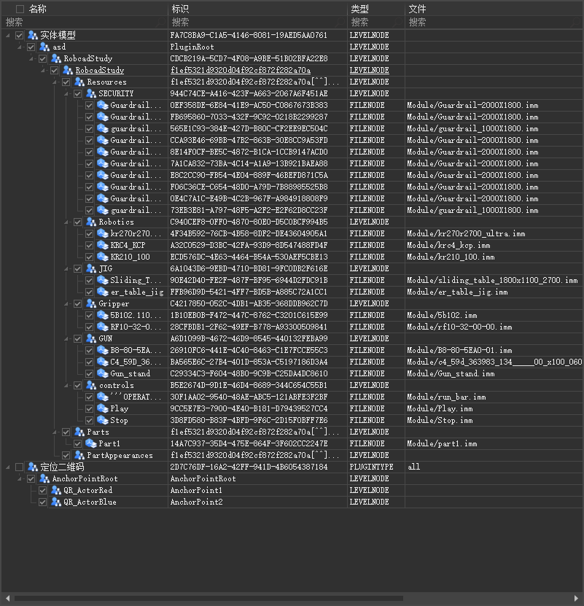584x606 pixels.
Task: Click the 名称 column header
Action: (x=37, y=9)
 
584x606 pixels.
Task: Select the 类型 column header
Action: (x=359, y=9)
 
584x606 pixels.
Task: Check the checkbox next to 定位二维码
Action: (x=19, y=467)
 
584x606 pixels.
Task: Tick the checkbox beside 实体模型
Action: (x=19, y=35)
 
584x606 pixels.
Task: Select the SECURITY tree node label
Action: (x=116, y=93)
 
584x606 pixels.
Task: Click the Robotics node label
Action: (x=116, y=222)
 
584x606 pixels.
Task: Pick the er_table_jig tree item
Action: (x=136, y=292)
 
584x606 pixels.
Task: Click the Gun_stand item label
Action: (x=131, y=373)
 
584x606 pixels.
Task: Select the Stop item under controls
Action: (x=119, y=420)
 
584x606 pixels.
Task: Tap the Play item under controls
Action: (x=119, y=408)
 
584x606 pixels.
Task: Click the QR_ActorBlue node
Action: (x=89, y=502)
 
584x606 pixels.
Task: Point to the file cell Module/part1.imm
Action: (x=440, y=443)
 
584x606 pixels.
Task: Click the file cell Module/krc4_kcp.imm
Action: (x=448, y=245)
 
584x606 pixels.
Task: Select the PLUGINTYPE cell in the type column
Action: (x=371, y=467)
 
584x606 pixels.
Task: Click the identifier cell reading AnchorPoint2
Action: (x=196, y=502)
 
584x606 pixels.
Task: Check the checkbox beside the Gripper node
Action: (x=77, y=303)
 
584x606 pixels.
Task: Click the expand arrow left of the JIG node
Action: (x=66, y=268)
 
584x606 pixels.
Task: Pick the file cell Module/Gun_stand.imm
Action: (x=451, y=373)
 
